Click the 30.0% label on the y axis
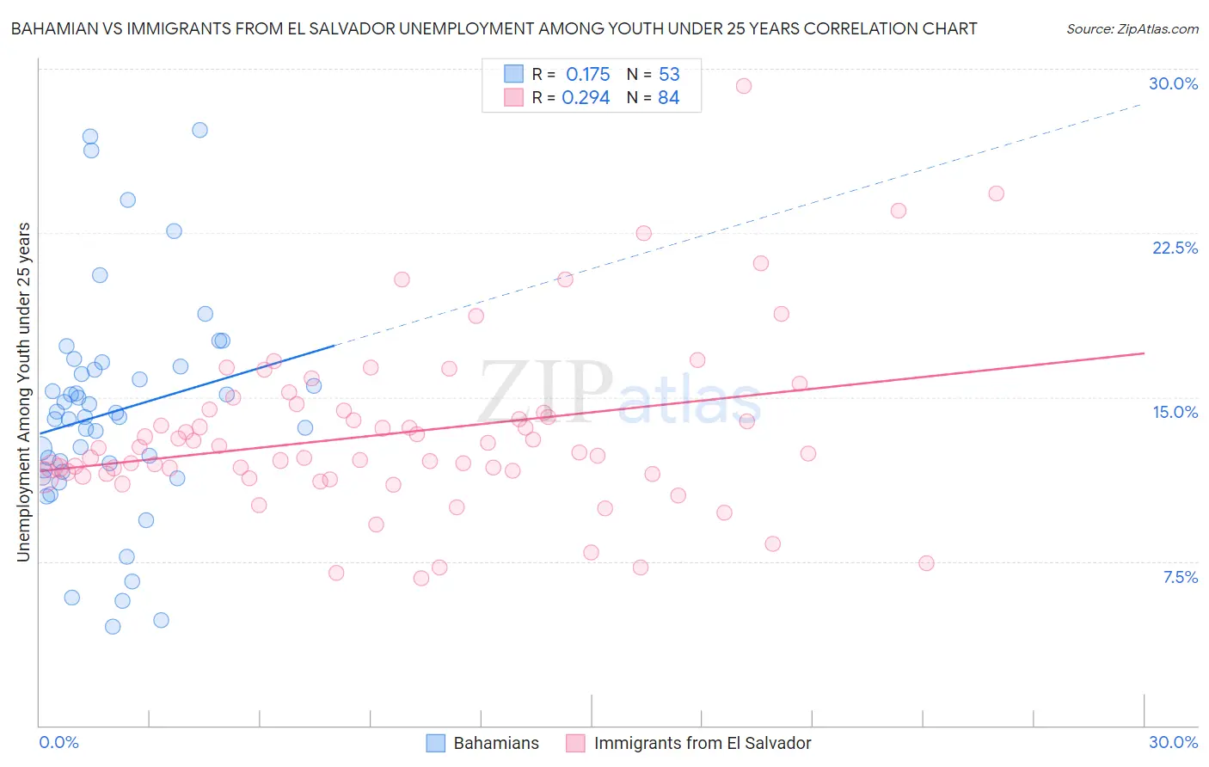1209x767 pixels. click(1173, 84)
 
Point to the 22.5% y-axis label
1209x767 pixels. click(1175, 248)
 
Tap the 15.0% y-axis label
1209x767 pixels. click(1175, 412)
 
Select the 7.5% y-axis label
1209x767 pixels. click(1180, 577)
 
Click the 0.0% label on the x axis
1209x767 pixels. click(58, 742)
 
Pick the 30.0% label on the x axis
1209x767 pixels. click(1173, 742)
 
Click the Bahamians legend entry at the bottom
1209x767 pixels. click(483, 743)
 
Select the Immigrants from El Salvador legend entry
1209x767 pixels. click(689, 743)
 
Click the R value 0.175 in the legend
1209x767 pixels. click(587, 74)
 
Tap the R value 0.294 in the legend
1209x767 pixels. click(586, 98)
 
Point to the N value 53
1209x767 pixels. click(669, 74)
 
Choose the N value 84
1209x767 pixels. click(668, 98)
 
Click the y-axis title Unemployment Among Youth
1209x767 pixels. click(23, 392)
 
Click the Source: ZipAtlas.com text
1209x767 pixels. click(1132, 28)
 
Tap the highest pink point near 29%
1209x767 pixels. click(744, 86)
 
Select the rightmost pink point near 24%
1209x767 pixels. click(996, 193)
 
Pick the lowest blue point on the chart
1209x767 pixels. click(113, 627)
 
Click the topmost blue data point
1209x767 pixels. click(199, 130)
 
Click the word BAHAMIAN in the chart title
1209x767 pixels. click(57, 28)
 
